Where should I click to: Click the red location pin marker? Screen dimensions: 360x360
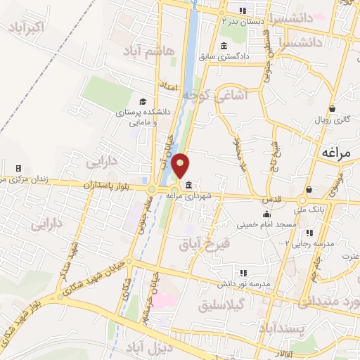[181, 165]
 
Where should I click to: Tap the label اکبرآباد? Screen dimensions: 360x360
[27, 27]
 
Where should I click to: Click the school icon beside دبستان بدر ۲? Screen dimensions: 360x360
[243, 11]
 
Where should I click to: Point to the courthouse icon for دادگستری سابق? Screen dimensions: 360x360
[224, 46]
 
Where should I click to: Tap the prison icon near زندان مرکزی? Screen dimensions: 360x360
[18, 169]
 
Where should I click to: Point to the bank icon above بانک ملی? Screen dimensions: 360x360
[309, 190]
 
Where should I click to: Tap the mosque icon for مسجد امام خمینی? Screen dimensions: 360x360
[266, 214]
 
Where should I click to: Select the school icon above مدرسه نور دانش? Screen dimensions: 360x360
[244, 272]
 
